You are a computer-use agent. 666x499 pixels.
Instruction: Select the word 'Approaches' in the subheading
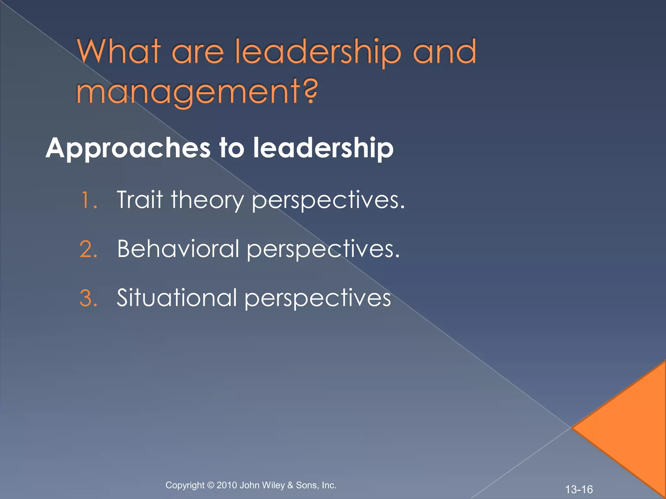[x=128, y=149]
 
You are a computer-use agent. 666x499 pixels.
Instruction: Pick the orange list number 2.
[x=88, y=249]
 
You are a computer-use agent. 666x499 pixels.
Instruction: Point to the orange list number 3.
[x=88, y=298]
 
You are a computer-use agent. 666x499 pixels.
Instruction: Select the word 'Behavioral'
[x=178, y=249]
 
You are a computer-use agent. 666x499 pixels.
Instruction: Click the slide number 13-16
[x=579, y=489]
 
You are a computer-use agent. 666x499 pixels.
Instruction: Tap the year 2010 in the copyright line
[x=227, y=485]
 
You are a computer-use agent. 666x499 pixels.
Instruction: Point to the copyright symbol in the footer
[x=211, y=485]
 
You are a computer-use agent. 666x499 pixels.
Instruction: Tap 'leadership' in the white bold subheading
[x=323, y=148]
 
